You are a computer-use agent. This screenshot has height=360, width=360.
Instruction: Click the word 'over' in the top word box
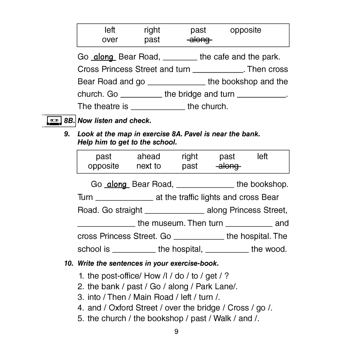point(110,40)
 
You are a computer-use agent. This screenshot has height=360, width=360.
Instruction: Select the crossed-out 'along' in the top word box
point(199,40)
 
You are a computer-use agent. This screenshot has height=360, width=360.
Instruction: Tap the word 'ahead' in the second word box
point(148,157)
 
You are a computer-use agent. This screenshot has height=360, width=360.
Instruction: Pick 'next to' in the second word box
point(148,166)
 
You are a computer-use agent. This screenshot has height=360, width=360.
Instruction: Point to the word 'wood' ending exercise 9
point(277,249)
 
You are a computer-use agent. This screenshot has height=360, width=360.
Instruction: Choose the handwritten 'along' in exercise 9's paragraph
point(117,185)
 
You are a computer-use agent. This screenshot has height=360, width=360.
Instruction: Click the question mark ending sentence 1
point(226,276)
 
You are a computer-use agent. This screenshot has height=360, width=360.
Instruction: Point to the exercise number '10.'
point(69,264)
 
